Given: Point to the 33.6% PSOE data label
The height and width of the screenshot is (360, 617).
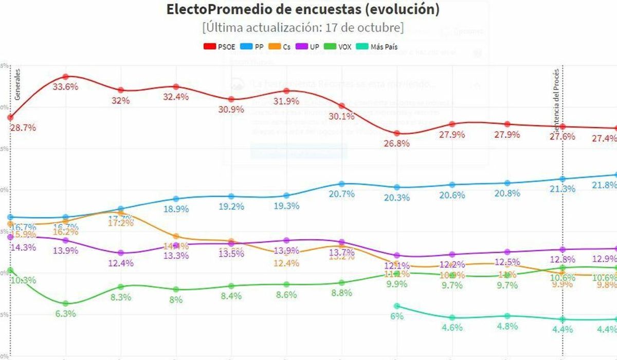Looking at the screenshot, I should tap(66, 87).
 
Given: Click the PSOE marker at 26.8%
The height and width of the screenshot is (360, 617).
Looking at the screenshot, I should tap(396, 133).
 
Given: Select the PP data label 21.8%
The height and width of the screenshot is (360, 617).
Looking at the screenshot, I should tap(605, 185).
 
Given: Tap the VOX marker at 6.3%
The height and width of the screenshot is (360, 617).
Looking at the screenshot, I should tap(65, 303).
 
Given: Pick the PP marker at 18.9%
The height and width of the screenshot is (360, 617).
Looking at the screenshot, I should tap(176, 199).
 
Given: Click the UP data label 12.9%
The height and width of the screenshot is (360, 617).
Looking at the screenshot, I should tap(605, 259).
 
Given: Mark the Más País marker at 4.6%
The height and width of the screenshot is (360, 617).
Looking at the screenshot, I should tap(452, 318).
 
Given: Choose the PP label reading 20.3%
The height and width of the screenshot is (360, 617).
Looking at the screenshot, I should tap(396, 197).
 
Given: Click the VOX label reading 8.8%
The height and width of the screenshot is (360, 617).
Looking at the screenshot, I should tap(341, 293).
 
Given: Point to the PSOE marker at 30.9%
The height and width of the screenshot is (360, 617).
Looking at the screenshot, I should tap(231, 99).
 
